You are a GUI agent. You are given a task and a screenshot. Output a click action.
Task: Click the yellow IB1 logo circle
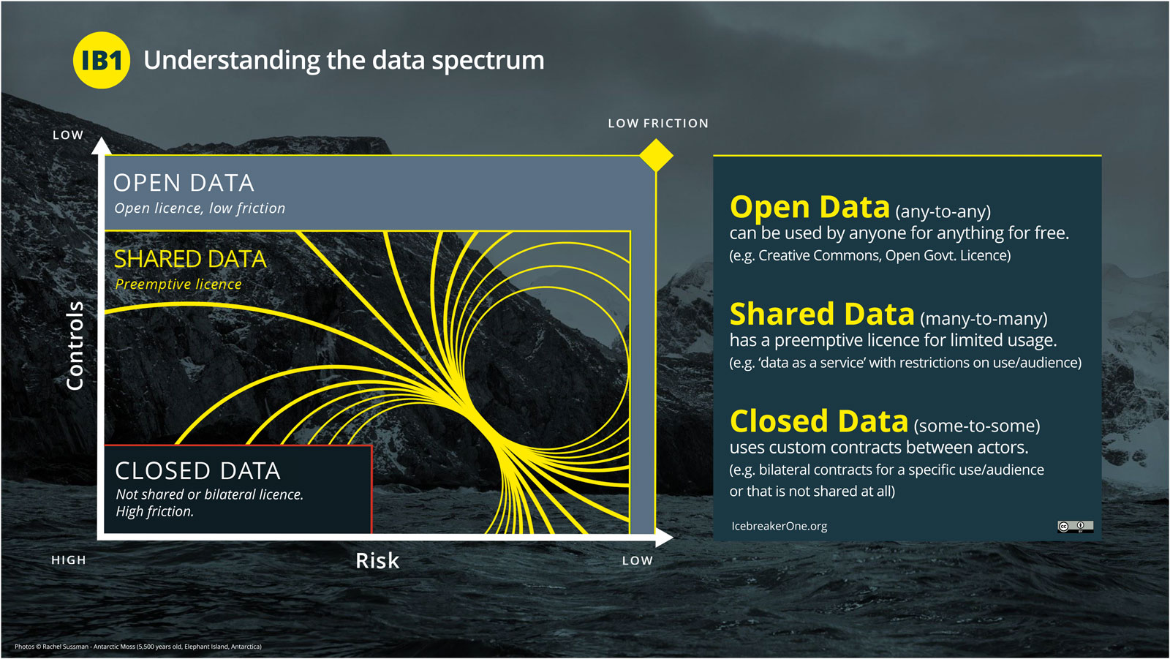pos(102,60)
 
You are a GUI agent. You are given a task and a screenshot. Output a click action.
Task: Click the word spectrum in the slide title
pos(488,61)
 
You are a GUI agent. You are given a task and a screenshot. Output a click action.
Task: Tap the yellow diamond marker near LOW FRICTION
pos(656,155)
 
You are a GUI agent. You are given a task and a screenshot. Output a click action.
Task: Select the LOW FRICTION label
pos(658,124)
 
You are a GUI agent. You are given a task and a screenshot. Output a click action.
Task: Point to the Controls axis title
pos(75,345)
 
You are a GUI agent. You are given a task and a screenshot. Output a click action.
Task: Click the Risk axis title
pos(377,561)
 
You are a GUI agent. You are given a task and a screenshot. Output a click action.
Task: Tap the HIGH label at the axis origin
pos(69,560)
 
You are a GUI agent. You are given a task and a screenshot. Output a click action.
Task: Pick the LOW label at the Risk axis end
pos(637,561)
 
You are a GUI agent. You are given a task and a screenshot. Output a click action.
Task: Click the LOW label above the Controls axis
pos(68,135)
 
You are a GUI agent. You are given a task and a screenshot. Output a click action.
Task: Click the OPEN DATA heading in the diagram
pos(184,183)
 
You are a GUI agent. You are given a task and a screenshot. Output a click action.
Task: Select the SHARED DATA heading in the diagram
pos(190,259)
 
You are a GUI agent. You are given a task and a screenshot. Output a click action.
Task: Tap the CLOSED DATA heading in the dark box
pos(197,471)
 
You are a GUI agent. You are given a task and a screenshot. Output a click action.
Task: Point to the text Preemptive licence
pos(178,285)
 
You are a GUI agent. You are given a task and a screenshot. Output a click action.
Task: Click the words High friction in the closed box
pos(154,511)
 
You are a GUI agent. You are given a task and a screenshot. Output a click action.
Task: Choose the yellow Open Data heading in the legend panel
pos(809,207)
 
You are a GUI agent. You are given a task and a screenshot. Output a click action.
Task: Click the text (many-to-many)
pos(984,319)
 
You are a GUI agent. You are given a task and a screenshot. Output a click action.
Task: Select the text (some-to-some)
pos(977,426)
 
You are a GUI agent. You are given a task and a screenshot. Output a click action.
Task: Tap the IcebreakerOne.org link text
pos(780,527)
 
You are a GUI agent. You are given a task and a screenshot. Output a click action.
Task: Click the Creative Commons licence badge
pos(1075,527)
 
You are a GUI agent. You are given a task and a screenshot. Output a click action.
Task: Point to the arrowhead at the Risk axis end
pos(664,538)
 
